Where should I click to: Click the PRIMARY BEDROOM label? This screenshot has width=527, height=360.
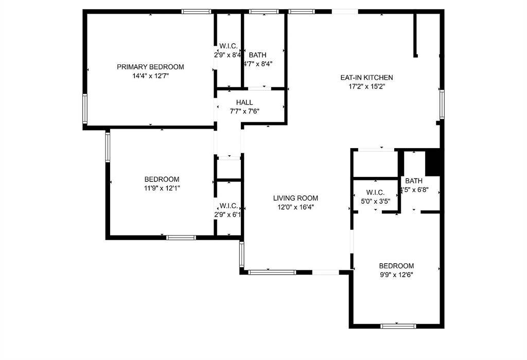pyautogui.click(x=150, y=67)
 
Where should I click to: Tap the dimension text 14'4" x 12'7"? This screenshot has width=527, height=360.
pyautogui.click(x=150, y=76)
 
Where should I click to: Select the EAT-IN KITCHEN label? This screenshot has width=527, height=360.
pyautogui.click(x=366, y=78)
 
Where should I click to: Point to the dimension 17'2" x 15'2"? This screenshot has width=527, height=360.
pyautogui.click(x=366, y=86)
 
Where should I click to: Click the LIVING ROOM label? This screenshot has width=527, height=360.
pyautogui.click(x=295, y=198)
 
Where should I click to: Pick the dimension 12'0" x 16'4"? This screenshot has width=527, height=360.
pyautogui.click(x=295, y=207)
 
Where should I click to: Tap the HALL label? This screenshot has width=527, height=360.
pyautogui.click(x=244, y=102)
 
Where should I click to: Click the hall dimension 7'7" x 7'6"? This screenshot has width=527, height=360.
pyautogui.click(x=244, y=112)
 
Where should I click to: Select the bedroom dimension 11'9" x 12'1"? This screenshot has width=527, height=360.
pyautogui.click(x=162, y=188)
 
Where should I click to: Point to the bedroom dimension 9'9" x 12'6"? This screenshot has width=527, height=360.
pyautogui.click(x=396, y=275)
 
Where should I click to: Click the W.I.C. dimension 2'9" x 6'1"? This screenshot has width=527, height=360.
pyautogui.click(x=228, y=214)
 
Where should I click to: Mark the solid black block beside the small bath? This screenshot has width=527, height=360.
pyautogui.click(x=433, y=162)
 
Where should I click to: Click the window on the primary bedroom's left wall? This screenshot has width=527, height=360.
pyautogui.click(x=85, y=109)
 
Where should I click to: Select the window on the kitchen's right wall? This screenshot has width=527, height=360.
pyautogui.click(x=442, y=104)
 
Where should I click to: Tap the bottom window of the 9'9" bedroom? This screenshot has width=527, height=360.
pyautogui.click(x=398, y=326)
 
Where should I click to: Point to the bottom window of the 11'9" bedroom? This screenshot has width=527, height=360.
pyautogui.click(x=181, y=238)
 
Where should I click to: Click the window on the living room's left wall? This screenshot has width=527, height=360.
pyautogui.click(x=242, y=254)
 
